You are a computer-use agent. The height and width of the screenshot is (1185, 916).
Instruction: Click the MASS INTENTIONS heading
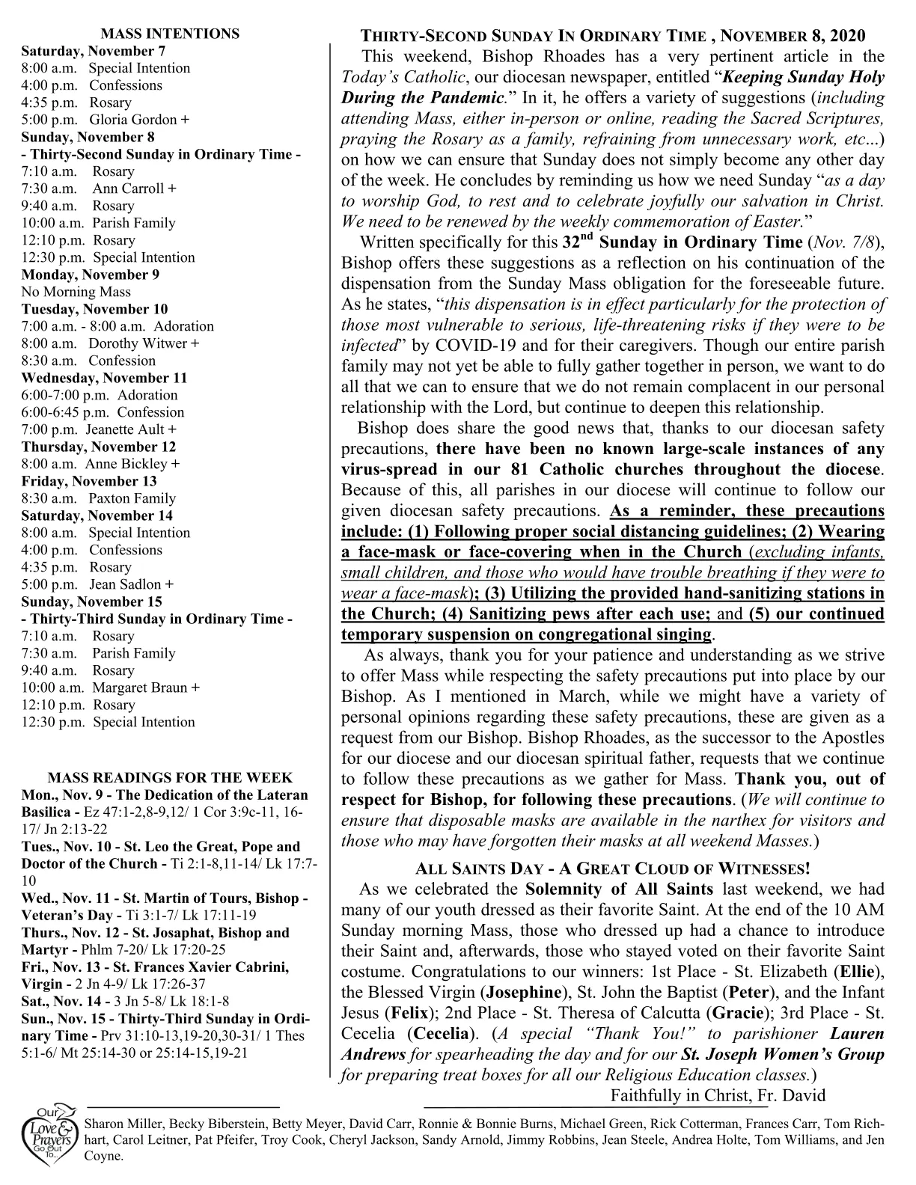170,34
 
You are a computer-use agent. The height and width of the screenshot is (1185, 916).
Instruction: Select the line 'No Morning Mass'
76,292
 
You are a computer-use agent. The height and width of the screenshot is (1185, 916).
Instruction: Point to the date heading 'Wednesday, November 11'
104,378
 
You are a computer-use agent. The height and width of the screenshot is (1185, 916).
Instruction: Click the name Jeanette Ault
130,429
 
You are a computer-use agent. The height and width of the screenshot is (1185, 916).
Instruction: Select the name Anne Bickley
132,464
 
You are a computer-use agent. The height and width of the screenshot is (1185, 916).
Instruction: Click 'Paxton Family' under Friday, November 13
132,498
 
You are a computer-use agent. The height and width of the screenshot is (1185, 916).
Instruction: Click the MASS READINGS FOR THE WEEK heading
170,778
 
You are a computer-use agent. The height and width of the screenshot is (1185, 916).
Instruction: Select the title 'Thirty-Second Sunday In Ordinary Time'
533,36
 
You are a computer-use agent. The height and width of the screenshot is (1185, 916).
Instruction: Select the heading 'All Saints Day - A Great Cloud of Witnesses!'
612,869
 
